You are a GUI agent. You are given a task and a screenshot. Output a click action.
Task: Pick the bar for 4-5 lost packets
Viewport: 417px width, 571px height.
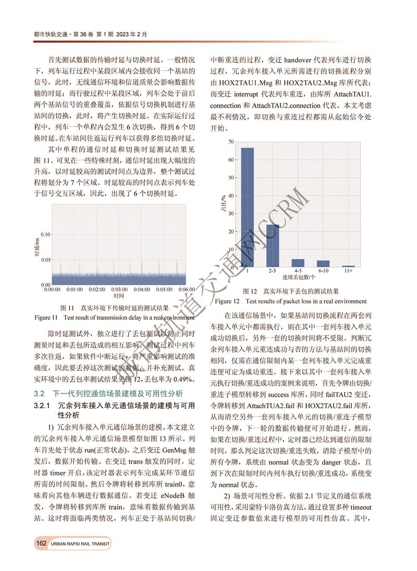coord(298,263)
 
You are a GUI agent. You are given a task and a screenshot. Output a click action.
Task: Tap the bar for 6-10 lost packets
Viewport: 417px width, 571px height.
coord(323,263)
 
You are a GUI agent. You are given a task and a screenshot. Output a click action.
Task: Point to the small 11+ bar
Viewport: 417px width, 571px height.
coord(348,266)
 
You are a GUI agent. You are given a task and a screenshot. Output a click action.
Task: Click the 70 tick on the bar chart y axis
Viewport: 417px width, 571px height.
coord(230,142)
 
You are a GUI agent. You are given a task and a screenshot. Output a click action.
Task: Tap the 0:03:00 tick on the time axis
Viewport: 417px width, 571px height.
coord(119,289)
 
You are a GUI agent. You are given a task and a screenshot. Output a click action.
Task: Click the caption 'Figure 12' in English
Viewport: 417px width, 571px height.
coord(227,301)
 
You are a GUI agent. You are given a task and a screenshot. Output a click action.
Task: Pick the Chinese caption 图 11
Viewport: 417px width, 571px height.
coord(69,308)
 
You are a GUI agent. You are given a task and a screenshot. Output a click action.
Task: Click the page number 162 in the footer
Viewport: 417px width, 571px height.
coord(41,543)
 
